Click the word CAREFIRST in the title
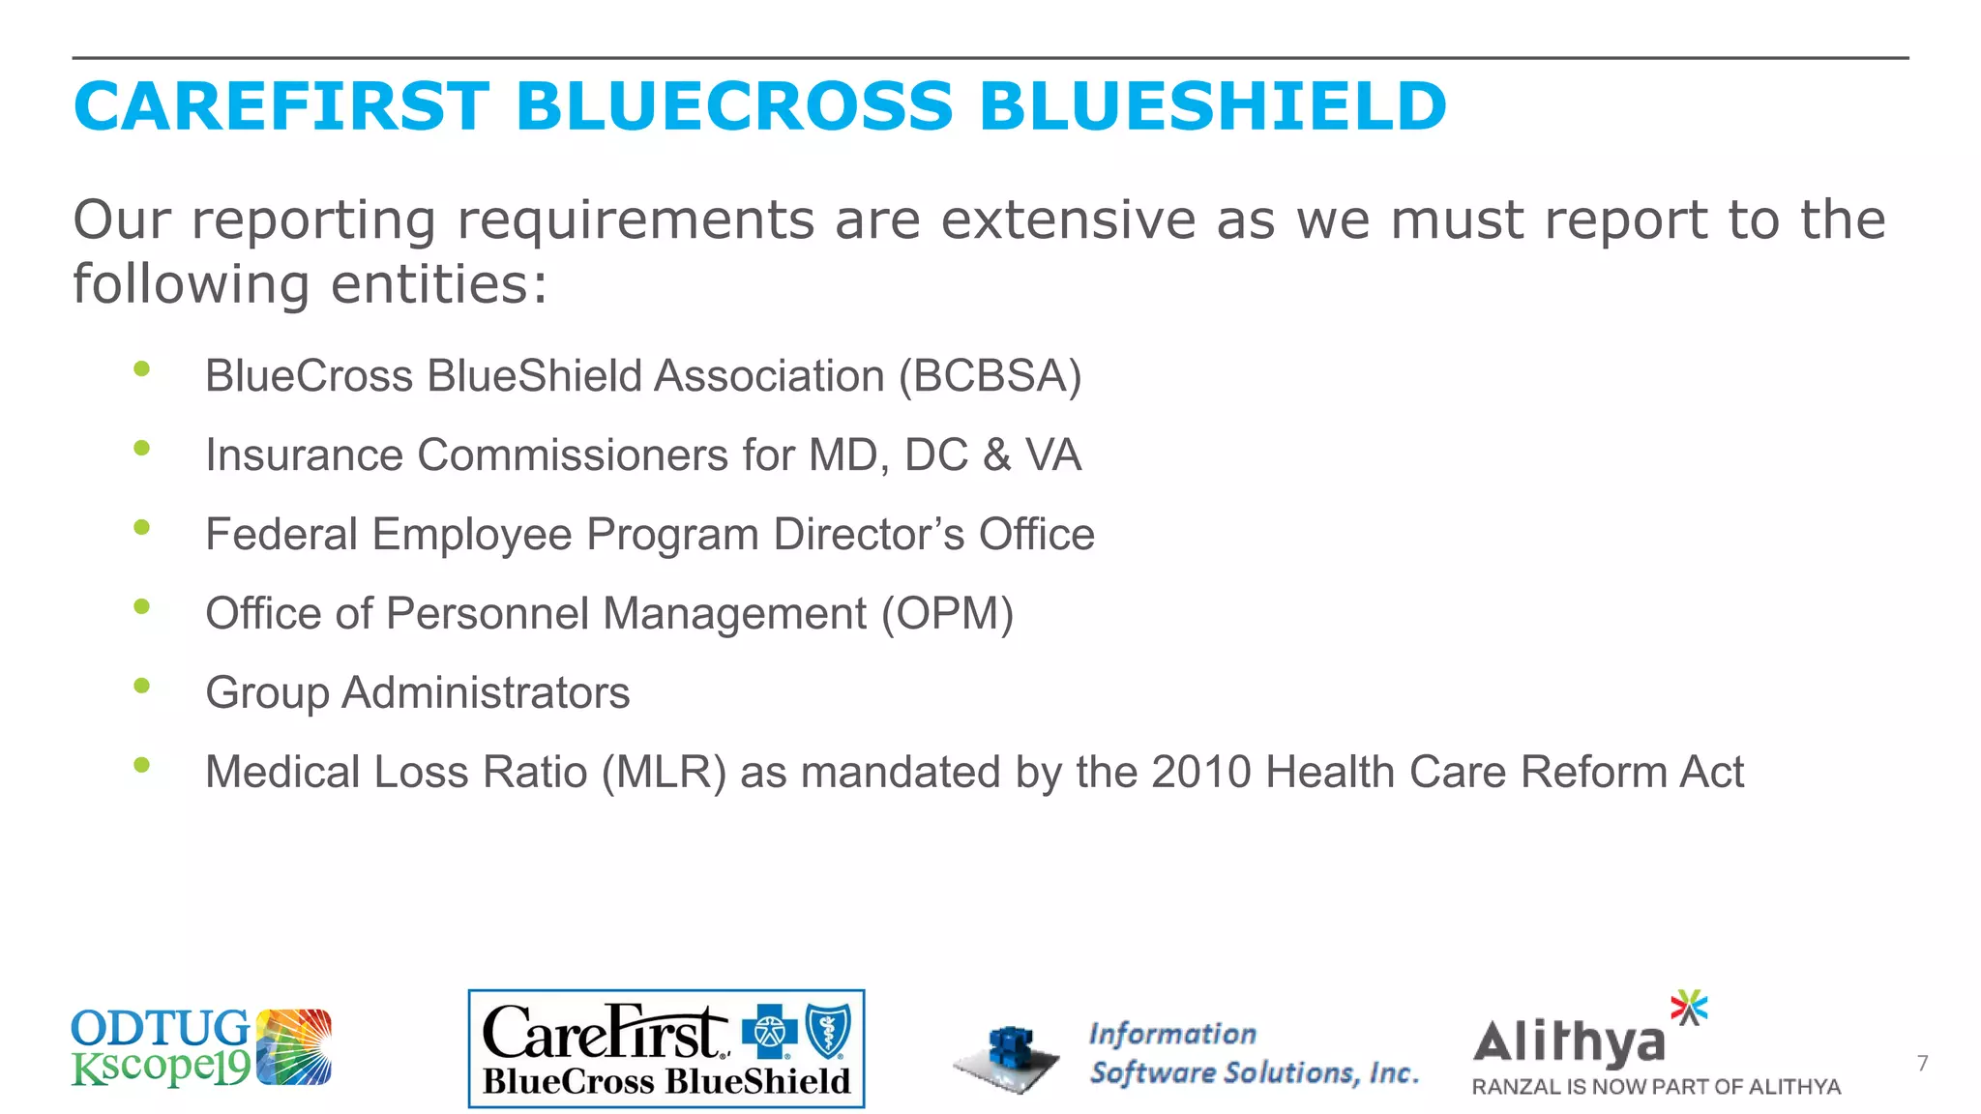point(281,106)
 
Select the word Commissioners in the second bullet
point(573,455)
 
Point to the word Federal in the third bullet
point(281,535)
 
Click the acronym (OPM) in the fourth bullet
point(947,614)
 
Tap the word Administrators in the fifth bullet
point(486,693)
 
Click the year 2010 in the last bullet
point(1200,773)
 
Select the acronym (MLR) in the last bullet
point(664,773)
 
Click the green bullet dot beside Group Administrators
point(142,686)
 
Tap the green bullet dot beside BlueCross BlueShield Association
point(142,368)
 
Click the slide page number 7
point(1922,1064)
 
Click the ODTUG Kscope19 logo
point(201,1047)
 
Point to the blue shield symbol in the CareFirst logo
point(829,1031)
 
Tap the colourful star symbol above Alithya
point(1689,1008)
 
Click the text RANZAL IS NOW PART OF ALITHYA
point(1655,1087)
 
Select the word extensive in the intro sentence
point(1068,220)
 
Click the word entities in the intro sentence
point(439,284)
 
